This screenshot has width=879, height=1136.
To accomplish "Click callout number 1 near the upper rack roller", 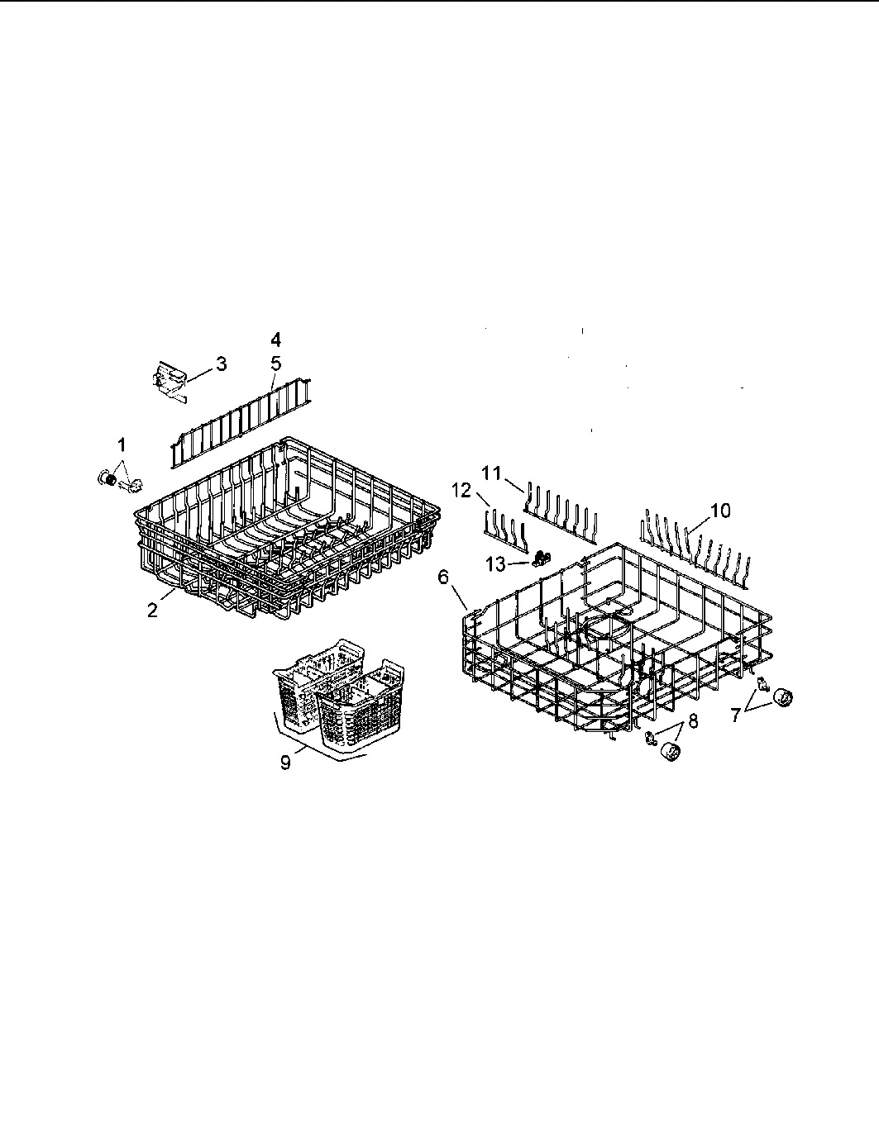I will click(x=122, y=444).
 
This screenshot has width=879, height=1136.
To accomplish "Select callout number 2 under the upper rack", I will click(x=152, y=611).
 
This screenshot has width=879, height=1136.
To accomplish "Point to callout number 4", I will click(x=275, y=339).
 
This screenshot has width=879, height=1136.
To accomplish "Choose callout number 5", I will click(x=275, y=362).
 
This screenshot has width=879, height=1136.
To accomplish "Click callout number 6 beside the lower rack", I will click(x=444, y=577).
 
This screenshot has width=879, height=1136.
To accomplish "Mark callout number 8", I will click(x=692, y=720).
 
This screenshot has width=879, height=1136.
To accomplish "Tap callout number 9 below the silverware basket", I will click(x=285, y=763).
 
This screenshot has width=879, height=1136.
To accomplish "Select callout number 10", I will click(x=719, y=511).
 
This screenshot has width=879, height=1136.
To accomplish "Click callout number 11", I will click(x=492, y=473).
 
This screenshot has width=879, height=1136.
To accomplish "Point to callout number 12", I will click(x=461, y=491).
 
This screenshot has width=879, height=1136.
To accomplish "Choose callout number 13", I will click(x=494, y=563).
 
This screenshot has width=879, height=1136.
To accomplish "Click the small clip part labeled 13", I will click(x=542, y=558).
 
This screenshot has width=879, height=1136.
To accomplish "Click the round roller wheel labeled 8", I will click(x=672, y=753).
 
